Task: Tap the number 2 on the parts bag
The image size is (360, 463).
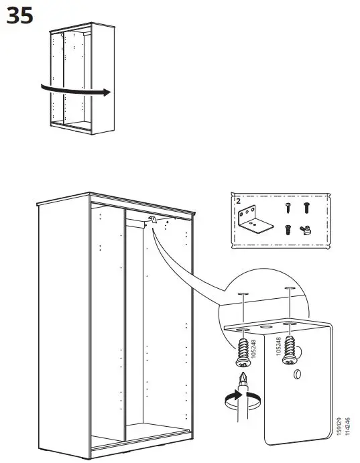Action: point(237,200)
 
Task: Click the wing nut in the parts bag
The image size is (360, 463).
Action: point(304,230)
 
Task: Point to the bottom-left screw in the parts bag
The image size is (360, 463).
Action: point(286,229)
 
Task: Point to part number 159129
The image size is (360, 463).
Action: point(340,428)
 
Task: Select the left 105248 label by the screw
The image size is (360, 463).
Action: point(254,348)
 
